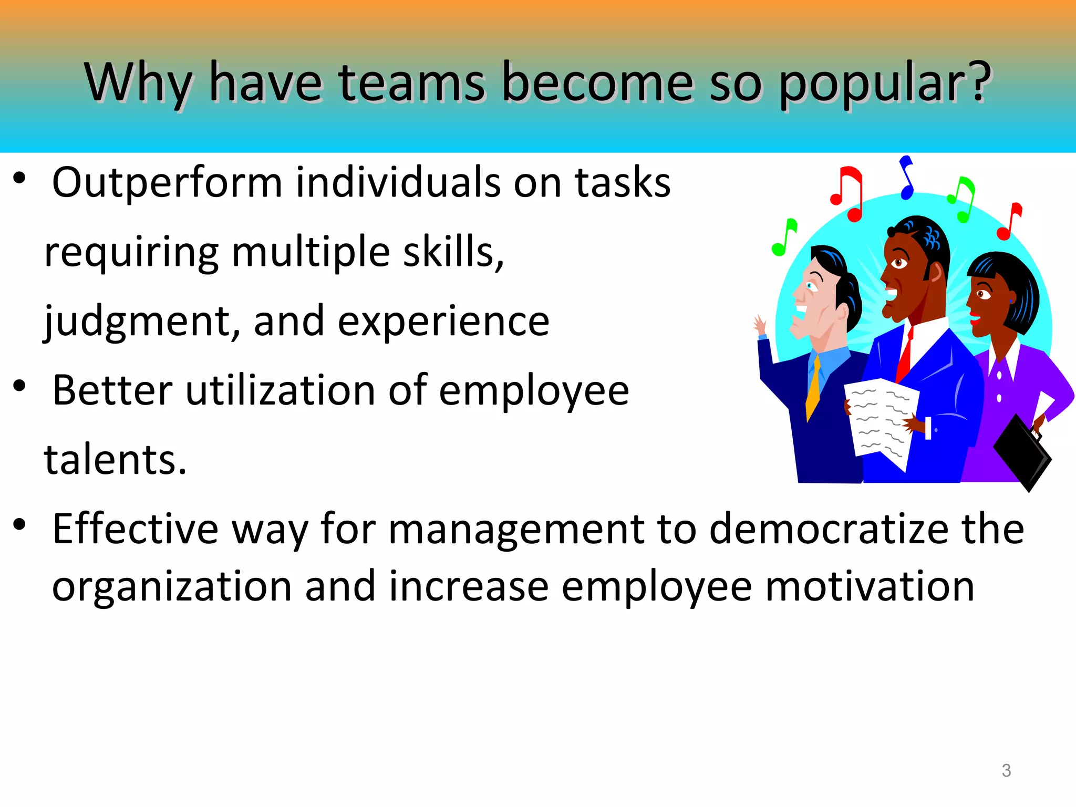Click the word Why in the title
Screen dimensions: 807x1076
coord(138,82)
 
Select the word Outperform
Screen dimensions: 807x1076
coord(167,183)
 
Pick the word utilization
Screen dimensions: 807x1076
coord(280,390)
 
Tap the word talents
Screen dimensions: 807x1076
coord(115,460)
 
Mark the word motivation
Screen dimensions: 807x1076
coord(870,586)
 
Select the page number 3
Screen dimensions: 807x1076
coord(1006,770)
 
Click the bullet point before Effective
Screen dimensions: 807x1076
coord(19,524)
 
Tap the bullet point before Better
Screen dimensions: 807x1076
coord(19,386)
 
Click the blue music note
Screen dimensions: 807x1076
coord(907,178)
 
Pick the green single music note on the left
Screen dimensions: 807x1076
coord(784,237)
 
